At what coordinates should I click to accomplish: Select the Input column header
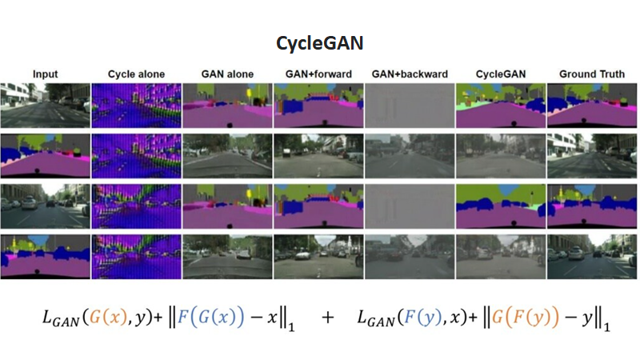[45, 74]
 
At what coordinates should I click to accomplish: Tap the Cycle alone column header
[137, 74]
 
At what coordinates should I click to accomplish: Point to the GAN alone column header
[227, 74]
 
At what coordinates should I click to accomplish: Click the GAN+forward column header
[318, 74]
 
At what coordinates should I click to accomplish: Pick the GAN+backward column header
[410, 74]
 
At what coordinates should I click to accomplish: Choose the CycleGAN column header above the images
[500, 74]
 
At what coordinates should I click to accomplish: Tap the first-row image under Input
[46, 104]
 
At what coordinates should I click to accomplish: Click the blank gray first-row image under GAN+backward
[410, 104]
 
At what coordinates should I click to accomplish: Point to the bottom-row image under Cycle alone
[137, 255]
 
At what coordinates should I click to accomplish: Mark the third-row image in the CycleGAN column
[500, 206]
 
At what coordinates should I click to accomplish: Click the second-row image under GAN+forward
[318, 155]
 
